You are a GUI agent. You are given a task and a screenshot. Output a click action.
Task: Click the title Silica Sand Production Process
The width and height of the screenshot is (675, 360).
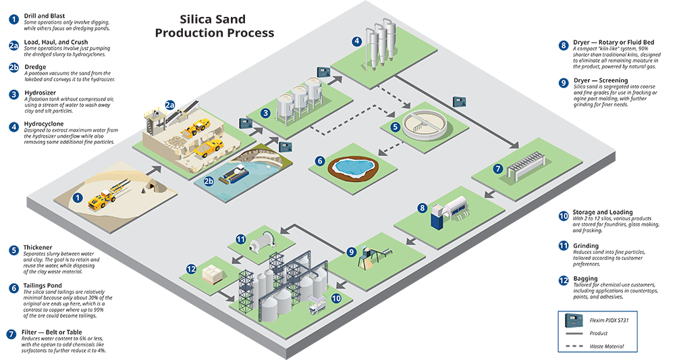coord(215,26)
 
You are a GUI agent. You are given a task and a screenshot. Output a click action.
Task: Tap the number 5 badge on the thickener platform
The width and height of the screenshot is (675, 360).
coord(395,126)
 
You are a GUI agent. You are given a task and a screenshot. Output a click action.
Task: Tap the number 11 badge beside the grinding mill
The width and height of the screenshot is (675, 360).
coord(240,239)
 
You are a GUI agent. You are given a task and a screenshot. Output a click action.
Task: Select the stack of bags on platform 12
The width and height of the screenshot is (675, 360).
coord(211,274)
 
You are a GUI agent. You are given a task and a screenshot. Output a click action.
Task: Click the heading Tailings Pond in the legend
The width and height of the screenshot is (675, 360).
coord(43,286)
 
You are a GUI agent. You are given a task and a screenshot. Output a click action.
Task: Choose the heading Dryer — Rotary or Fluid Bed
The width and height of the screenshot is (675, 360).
coord(614,42)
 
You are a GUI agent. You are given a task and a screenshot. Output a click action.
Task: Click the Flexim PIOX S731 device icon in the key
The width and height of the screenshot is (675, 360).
coord(574,320)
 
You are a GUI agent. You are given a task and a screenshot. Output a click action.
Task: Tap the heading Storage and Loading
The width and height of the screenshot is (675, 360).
coord(603,212)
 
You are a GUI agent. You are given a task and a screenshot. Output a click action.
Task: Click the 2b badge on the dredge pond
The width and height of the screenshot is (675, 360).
coord(209,181)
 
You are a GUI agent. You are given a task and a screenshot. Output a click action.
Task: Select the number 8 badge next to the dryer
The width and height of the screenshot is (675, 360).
coord(422,208)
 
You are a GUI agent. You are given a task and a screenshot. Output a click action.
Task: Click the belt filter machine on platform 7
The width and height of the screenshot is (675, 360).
coord(526,165)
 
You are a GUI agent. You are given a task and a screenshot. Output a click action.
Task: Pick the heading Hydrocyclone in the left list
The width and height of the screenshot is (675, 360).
coord(44,124)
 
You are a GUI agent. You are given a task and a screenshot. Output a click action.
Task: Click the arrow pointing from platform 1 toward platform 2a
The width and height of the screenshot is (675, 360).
coord(153,170)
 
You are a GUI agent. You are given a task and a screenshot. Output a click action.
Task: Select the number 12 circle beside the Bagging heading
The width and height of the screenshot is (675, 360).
coord(564,281)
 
